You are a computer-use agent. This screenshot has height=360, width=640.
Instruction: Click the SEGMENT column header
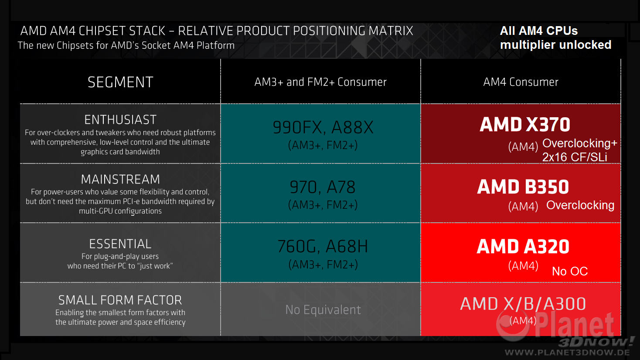pyautogui.click(x=120, y=82)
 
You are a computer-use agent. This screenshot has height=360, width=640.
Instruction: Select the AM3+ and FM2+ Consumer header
pyautogui.click(x=320, y=82)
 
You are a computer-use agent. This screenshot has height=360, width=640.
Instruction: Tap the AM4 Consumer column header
pyautogui.click(x=521, y=82)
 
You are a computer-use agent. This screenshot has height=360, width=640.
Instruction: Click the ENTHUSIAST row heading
pyautogui.click(x=120, y=119)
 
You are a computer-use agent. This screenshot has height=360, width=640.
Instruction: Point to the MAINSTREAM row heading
pyautogui.click(x=120, y=179)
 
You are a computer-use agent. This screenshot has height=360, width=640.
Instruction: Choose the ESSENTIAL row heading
pyautogui.click(x=120, y=244)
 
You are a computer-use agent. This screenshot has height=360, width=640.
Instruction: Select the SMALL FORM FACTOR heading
pyautogui.click(x=120, y=300)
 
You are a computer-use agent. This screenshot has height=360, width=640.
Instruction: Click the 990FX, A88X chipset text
pyautogui.click(x=323, y=127)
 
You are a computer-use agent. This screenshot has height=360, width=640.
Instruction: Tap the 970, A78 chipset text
pyautogui.click(x=323, y=187)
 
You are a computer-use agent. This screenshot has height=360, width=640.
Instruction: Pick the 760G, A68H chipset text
pyautogui.click(x=323, y=247)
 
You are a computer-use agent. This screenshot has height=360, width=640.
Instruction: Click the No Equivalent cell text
pyautogui.click(x=323, y=309)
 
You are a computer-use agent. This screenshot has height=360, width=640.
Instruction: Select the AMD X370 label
pyautogui.click(x=525, y=125)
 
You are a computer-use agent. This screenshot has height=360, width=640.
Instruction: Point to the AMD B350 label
pyautogui.click(x=523, y=187)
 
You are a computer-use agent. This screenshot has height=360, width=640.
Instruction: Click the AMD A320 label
pyautogui.click(x=523, y=247)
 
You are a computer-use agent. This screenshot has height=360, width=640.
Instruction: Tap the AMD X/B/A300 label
pyautogui.click(x=523, y=304)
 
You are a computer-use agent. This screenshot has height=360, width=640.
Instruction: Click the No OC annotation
pyautogui.click(x=570, y=271)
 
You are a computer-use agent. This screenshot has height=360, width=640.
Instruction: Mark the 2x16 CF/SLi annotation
pyautogui.click(x=575, y=157)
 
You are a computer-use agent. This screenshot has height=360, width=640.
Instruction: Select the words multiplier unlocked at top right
pyautogui.click(x=555, y=45)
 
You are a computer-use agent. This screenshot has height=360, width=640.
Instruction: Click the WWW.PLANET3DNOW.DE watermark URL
pyautogui.click(x=567, y=352)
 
